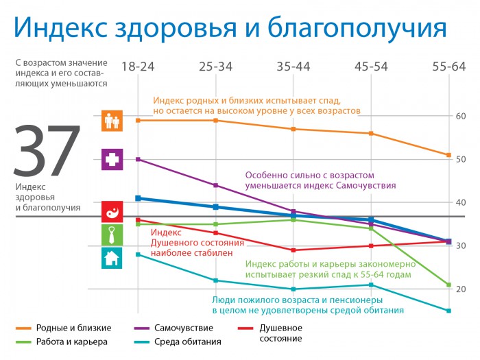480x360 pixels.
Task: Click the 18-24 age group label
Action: point(138,67)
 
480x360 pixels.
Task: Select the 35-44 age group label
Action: point(293,67)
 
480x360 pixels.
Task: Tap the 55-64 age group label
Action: point(449,67)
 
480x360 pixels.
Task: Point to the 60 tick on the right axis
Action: point(461,116)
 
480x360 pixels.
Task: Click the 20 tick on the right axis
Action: point(461,289)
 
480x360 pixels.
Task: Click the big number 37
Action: point(47,152)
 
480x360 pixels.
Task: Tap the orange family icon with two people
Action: point(112,121)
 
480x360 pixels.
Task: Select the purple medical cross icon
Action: point(112,160)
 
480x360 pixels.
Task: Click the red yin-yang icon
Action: point(112,211)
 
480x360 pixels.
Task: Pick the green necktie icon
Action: point(112,235)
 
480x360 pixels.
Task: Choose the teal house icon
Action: point(112,258)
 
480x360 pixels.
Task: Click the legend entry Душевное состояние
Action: point(280,333)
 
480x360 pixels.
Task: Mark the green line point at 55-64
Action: point(448,285)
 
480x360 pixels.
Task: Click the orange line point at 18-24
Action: point(138,120)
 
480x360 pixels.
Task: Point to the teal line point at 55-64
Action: point(448,311)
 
